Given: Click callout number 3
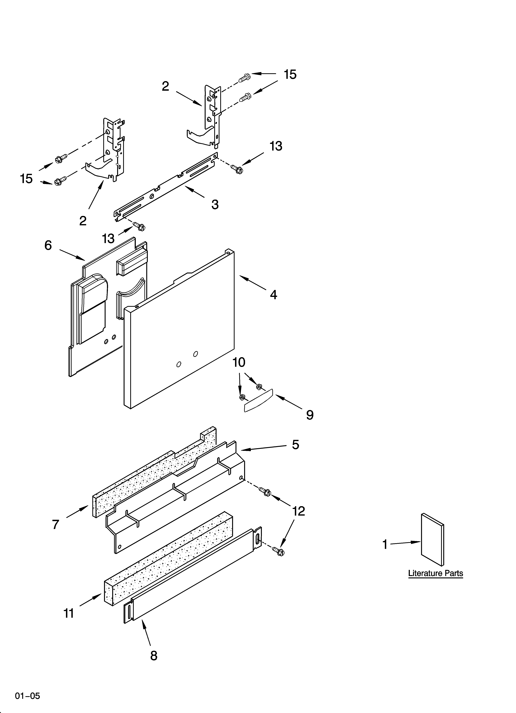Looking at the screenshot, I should click(x=215, y=205).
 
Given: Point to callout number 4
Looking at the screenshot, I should click(x=273, y=295).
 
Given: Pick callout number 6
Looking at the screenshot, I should click(x=48, y=245).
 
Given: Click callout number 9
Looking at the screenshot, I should click(x=310, y=415).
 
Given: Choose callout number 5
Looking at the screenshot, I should click(x=295, y=444).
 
